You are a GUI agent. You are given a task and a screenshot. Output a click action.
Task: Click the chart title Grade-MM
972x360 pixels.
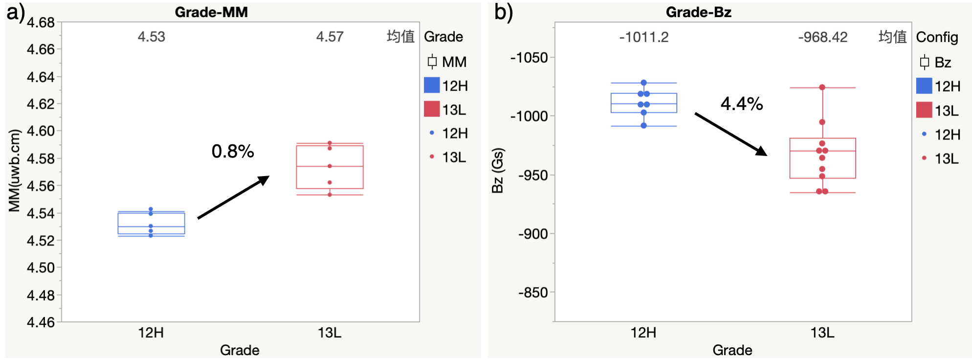[211, 12]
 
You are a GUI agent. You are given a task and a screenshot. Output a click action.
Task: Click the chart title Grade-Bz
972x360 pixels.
[698, 12]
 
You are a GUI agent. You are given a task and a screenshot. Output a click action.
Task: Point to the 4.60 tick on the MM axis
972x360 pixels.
[41, 131]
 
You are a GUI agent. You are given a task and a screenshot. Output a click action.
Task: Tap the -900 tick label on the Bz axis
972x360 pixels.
[533, 234]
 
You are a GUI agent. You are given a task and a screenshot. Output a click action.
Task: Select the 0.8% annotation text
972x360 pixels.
[233, 151]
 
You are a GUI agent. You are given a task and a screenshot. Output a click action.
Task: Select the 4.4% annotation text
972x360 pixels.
[742, 104]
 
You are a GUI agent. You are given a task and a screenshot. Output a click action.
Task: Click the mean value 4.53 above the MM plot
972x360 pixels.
[152, 37]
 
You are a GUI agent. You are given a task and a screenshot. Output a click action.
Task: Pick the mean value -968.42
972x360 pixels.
[823, 37]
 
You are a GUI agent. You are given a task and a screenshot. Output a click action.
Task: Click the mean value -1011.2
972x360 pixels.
[644, 37]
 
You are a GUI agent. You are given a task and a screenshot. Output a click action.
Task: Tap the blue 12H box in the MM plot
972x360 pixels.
[152, 224]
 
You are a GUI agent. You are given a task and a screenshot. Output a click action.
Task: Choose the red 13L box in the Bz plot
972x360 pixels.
[823, 158]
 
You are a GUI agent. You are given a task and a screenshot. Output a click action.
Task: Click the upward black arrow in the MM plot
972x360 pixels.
[234, 197]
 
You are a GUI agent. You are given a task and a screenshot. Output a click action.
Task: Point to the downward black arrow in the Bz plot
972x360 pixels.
[731, 135]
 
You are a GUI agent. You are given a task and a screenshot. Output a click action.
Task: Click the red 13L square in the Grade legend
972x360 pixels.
[432, 109]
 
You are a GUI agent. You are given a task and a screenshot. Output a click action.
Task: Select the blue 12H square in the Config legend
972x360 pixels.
[924, 86]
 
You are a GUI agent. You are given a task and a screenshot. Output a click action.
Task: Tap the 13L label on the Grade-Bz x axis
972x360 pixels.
[822, 333]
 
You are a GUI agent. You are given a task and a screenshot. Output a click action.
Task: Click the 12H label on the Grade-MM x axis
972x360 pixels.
[151, 333]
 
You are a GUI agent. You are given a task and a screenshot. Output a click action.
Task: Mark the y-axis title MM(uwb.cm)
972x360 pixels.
[15, 170]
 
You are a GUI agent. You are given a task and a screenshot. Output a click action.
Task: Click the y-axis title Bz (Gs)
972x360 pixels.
[498, 170]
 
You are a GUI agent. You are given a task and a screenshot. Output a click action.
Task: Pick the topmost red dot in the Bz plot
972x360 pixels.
[822, 88]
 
